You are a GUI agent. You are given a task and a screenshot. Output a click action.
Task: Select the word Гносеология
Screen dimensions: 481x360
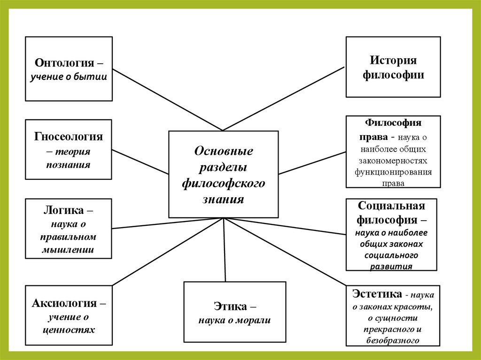click(69, 137)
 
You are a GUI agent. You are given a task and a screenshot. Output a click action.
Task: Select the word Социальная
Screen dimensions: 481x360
click(391, 206)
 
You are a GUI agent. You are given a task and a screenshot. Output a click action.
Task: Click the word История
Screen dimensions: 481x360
click(393, 61)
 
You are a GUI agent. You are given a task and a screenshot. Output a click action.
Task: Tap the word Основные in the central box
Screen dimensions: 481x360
click(224, 151)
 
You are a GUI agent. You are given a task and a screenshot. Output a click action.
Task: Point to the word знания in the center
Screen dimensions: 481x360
click(224, 199)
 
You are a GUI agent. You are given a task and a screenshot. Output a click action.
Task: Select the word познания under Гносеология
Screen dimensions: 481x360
click(69, 165)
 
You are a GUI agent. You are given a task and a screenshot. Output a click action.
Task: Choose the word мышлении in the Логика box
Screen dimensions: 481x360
click(69, 250)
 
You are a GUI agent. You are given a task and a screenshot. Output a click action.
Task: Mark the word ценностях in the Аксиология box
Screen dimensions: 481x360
click(69, 329)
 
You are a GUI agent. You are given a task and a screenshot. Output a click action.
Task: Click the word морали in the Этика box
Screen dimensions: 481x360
click(254, 321)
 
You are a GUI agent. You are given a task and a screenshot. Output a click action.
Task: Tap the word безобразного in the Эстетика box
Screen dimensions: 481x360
click(393, 341)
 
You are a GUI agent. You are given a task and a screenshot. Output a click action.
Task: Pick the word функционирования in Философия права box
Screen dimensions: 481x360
click(393, 171)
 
